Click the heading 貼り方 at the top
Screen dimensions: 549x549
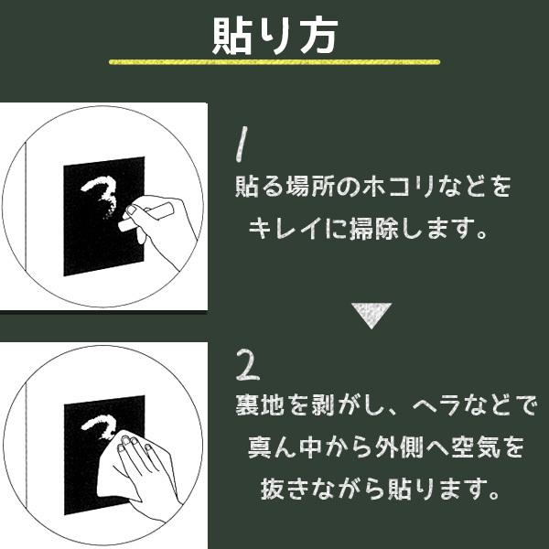click(x=275, y=36)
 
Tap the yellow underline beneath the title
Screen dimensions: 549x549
click(x=274, y=62)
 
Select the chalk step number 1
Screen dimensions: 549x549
click(x=242, y=145)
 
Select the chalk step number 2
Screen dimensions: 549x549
click(x=248, y=364)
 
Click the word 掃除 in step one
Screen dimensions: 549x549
click(x=373, y=229)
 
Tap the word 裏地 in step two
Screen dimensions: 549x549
click(x=260, y=405)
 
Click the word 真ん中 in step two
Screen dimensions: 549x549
click(x=285, y=447)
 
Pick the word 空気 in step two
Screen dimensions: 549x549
click(x=476, y=447)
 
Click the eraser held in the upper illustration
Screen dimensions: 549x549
click(x=145, y=217)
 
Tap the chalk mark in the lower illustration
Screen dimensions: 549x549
click(x=100, y=426)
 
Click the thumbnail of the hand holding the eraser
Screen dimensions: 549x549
click(x=131, y=210)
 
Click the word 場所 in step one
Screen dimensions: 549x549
click(x=310, y=187)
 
